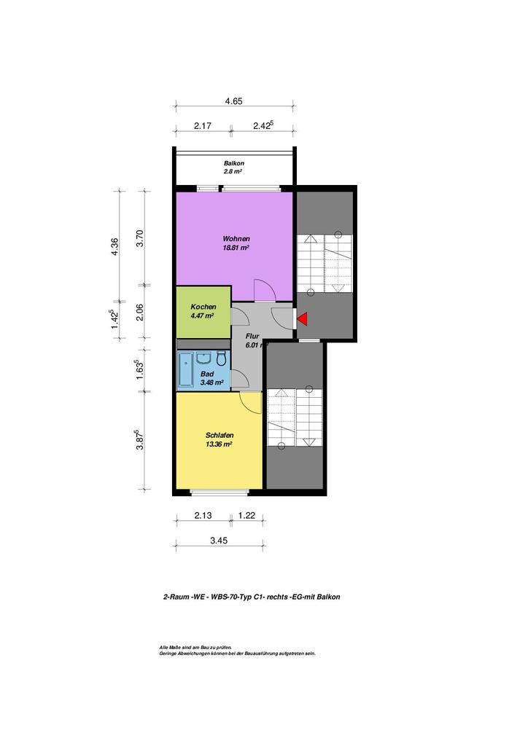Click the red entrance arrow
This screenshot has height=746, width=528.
click(x=302, y=319)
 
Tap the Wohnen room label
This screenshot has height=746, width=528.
click(x=236, y=239)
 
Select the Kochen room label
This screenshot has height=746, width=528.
click(x=203, y=307)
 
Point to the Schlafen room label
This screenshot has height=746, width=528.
click(x=219, y=436)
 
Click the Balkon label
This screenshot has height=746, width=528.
click(x=234, y=163)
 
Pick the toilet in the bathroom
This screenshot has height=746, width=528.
click(x=222, y=358)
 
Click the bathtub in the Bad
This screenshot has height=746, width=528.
click(x=185, y=369)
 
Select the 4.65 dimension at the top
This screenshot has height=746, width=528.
click(x=234, y=101)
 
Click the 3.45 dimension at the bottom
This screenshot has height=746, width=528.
click(x=219, y=541)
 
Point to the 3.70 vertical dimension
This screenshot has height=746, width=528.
click(x=140, y=238)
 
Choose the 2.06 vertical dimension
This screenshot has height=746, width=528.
click(x=140, y=312)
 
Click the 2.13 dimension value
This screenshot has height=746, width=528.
click(x=203, y=515)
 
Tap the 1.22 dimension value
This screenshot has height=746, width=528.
click(x=246, y=515)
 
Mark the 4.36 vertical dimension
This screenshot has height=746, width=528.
click(x=114, y=246)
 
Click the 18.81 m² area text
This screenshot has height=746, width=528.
click(x=236, y=248)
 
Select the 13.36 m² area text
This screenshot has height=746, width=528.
click(x=219, y=444)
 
